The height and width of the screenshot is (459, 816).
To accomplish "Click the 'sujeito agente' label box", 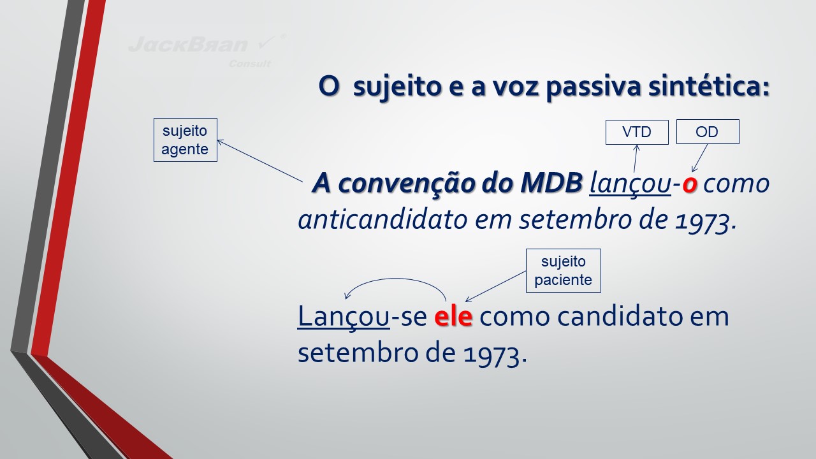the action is (x=186, y=140).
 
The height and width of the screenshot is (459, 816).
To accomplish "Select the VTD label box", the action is (x=637, y=132).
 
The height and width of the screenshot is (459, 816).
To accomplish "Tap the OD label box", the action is (x=708, y=131).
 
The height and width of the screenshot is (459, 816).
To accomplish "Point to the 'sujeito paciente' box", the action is (x=563, y=271).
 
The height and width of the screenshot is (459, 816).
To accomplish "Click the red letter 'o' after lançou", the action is (x=689, y=184).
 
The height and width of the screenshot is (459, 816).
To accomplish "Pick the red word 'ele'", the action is (x=453, y=316).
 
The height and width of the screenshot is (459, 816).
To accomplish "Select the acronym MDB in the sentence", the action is (x=551, y=182).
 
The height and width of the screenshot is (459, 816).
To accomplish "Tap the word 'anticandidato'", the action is (x=382, y=220).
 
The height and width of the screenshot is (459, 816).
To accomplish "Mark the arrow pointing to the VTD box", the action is (x=636, y=159).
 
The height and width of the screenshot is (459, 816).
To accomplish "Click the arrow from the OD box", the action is (x=700, y=157).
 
